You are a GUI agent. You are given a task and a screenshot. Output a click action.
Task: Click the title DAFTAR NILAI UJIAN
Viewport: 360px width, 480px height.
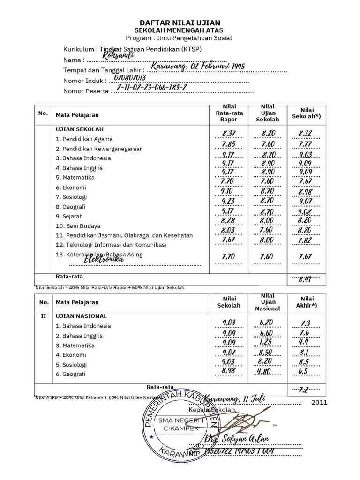180,22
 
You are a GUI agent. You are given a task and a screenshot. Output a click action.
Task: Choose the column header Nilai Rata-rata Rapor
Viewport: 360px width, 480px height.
226,113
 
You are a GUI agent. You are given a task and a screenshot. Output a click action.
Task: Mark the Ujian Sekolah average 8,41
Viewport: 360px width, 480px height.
305,280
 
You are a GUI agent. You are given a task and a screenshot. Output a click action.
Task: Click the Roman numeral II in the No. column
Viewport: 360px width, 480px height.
43,316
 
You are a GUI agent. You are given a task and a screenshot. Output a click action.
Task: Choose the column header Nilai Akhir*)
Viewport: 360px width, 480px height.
307,302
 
